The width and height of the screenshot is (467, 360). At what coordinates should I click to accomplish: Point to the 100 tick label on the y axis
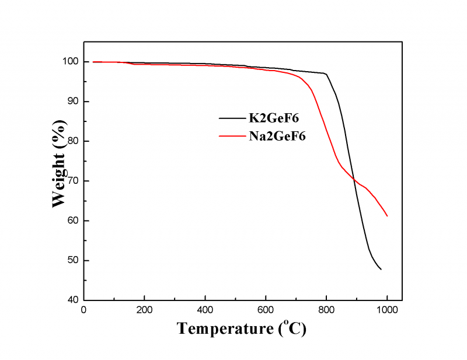point(69,62)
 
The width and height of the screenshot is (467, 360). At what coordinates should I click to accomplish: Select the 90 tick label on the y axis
point(72,102)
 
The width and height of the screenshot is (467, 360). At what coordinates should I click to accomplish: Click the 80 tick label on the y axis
point(72,141)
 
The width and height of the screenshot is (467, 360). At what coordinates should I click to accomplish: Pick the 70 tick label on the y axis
point(72,181)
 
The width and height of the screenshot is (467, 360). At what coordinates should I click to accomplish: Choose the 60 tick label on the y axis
point(72,221)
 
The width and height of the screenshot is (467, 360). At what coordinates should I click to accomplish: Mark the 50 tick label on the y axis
point(72,260)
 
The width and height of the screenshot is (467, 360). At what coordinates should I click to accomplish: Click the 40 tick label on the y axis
point(72,300)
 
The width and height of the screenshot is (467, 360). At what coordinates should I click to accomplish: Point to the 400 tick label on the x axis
point(205,309)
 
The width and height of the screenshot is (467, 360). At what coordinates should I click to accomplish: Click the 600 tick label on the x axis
point(266,309)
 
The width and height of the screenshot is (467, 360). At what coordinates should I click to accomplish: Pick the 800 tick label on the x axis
point(326,309)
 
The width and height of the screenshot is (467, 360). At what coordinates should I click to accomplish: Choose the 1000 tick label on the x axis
point(387,309)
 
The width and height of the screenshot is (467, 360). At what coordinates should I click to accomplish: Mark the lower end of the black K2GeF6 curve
point(381,269)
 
